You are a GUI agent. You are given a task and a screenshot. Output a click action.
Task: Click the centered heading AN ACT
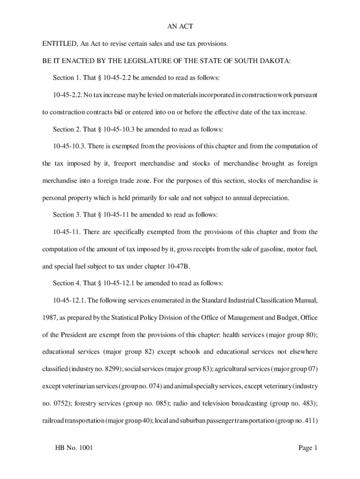(x=180, y=27)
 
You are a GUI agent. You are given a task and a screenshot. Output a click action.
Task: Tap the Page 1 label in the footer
(x=308, y=448)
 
